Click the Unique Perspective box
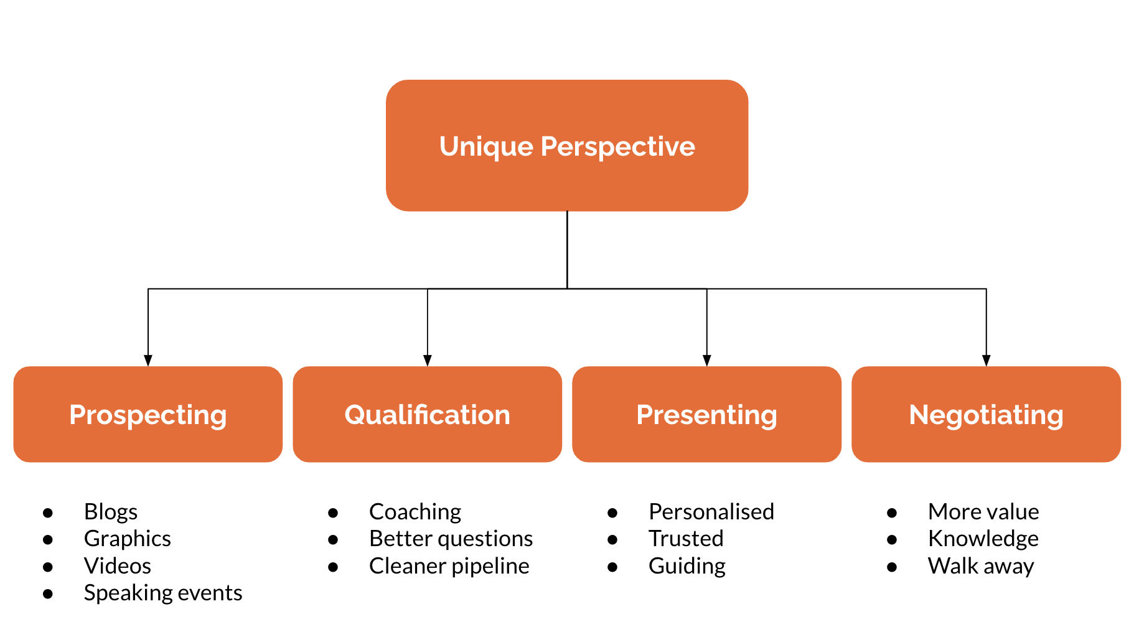pyautogui.click(x=567, y=145)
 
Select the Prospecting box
pyautogui.click(x=148, y=414)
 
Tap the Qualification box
pyautogui.click(x=428, y=414)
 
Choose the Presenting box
pyautogui.click(x=706, y=414)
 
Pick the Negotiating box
pyautogui.click(x=986, y=414)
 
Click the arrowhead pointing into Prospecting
pyautogui.click(x=148, y=361)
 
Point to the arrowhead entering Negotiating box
pyautogui.click(x=986, y=361)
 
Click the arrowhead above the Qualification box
pyautogui.click(x=428, y=361)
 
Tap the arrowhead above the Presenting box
pyautogui.click(x=706, y=361)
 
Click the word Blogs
pyautogui.click(x=111, y=512)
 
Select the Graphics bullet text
pyautogui.click(x=128, y=539)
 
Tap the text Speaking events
pyautogui.click(x=163, y=593)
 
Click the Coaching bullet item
pyautogui.click(x=415, y=512)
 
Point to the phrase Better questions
pyautogui.click(x=451, y=539)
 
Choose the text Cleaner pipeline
pyautogui.click(x=449, y=566)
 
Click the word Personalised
pyautogui.click(x=711, y=512)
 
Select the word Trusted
pyautogui.click(x=686, y=539)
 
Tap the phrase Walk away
pyautogui.click(x=981, y=566)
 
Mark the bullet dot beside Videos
pyautogui.click(x=48, y=567)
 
